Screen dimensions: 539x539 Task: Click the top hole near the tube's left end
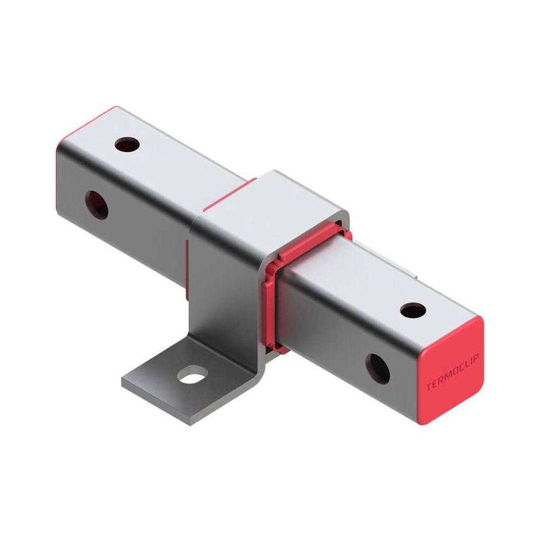click(x=127, y=144)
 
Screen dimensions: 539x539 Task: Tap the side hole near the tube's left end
click(x=96, y=205)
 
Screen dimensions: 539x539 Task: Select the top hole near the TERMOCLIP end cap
click(x=413, y=310)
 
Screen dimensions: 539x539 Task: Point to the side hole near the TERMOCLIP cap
click(x=377, y=369)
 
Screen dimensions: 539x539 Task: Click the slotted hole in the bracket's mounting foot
click(x=192, y=375)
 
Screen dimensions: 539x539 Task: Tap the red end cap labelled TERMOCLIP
click(x=452, y=371)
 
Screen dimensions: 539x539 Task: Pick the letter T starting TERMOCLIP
click(x=430, y=386)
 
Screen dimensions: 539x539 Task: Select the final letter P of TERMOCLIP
click(x=476, y=358)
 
